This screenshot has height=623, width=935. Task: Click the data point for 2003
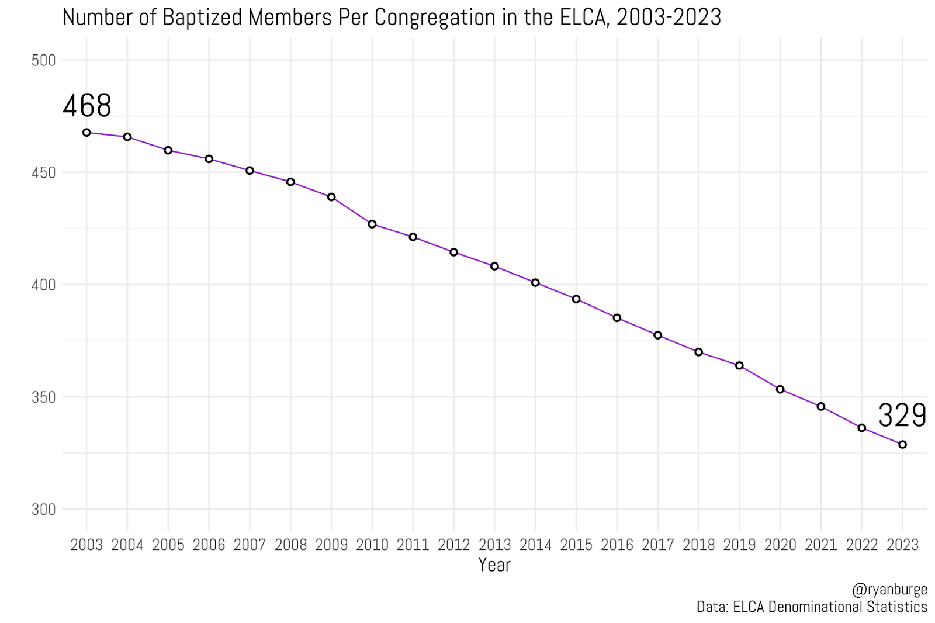tap(86, 133)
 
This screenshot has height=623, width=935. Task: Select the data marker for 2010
tap(372, 224)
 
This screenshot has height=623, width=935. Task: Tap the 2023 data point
tap(902, 445)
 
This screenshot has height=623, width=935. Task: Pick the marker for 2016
tap(617, 318)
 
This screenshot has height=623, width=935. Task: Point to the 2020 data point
tap(780, 389)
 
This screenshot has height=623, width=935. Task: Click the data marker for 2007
tap(250, 171)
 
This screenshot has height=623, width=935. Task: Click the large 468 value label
tap(86, 106)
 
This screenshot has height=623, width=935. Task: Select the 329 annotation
tap(902, 416)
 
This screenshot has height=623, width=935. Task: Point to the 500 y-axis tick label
tap(43, 61)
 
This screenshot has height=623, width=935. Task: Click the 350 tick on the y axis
tap(43, 397)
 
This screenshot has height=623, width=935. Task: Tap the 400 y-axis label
tap(43, 285)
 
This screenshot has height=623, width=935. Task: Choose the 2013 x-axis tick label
tap(494, 545)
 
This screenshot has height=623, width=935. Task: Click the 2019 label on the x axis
tap(739, 545)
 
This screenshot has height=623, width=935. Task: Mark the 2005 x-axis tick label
tap(168, 545)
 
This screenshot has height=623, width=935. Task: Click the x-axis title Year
tap(494, 565)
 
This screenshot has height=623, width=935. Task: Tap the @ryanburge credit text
tap(889, 590)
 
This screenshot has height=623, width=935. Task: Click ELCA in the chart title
tap(578, 18)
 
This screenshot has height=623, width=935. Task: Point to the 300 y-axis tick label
tap(43, 510)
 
